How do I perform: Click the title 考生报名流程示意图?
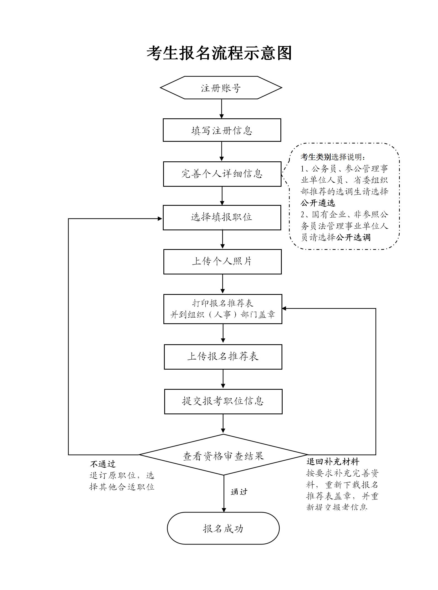tap(219, 53)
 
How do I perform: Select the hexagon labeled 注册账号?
tap(221, 88)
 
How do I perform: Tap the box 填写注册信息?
tap(222, 130)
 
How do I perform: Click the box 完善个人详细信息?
tap(222, 174)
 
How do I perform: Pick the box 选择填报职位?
tap(222, 217)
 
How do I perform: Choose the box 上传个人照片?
tap(222, 261)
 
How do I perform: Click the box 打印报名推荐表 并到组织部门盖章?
tap(223, 309)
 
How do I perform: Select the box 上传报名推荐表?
tap(223, 357)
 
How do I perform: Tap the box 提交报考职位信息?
tap(223, 401)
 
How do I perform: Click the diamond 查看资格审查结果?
tap(223, 456)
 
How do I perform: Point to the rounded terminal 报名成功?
tap(223, 528)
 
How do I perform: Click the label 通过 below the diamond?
tap(239, 492)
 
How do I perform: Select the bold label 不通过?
tap(103, 464)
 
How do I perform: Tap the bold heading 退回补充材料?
tap(333, 461)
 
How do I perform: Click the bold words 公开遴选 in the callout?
tap(318, 203)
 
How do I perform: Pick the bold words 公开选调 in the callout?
tap(353, 237)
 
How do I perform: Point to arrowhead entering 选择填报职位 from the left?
tap(160, 219)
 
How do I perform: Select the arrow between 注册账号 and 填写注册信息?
tap(221, 109)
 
